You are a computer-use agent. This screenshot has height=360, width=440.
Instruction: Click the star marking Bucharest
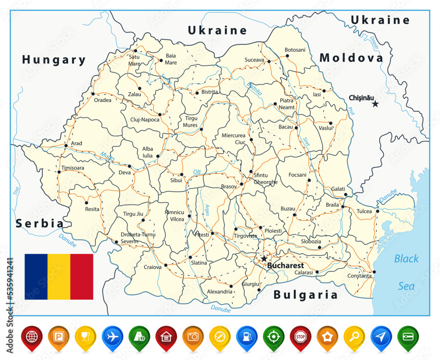pyautogui.click(x=264, y=258)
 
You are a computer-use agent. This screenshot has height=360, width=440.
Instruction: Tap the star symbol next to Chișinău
pyautogui.click(x=375, y=104)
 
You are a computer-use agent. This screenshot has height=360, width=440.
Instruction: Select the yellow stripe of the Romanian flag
pyautogui.click(x=59, y=276)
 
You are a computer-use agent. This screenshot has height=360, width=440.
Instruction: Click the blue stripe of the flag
pyautogui.click(x=36, y=276)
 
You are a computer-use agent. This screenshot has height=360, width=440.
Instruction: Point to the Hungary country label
pyautogui.click(x=54, y=60)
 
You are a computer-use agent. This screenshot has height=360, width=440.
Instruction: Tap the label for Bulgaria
pyautogui.click(x=305, y=294)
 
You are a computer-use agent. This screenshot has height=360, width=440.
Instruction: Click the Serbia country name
pyautogui.click(x=40, y=223)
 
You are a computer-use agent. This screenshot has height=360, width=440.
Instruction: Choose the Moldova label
pyautogui.click(x=351, y=58)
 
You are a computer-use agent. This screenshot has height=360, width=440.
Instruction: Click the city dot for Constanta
pyautogui.click(x=374, y=272)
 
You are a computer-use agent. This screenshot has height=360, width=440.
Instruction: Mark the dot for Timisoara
pyautogui.click(x=59, y=172)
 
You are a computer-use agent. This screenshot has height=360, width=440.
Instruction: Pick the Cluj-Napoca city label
pyautogui.click(x=145, y=119)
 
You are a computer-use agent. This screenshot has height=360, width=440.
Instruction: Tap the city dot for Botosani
pyautogui.click(x=287, y=56)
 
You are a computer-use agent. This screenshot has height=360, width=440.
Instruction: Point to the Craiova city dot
pyautogui.click(x=166, y=265)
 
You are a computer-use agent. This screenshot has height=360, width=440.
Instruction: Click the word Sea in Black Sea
pyautogui.click(x=406, y=286)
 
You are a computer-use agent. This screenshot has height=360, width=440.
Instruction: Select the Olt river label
pyautogui.click(x=197, y=172)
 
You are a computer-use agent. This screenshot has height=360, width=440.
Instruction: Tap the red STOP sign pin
pyautogui.click(x=300, y=336)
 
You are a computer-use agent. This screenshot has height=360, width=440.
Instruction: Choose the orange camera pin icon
pyautogui.click(x=193, y=336)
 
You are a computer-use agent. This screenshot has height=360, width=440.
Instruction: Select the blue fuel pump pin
pyautogui.click(x=246, y=336)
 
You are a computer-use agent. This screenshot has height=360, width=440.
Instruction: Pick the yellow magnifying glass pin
pyautogui.click(x=354, y=336)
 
